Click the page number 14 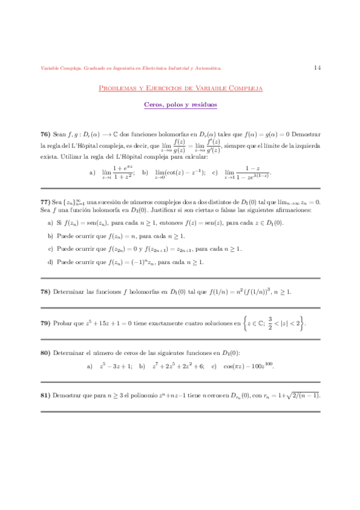(x=317, y=68)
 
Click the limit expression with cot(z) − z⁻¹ (x=180, y=173)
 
